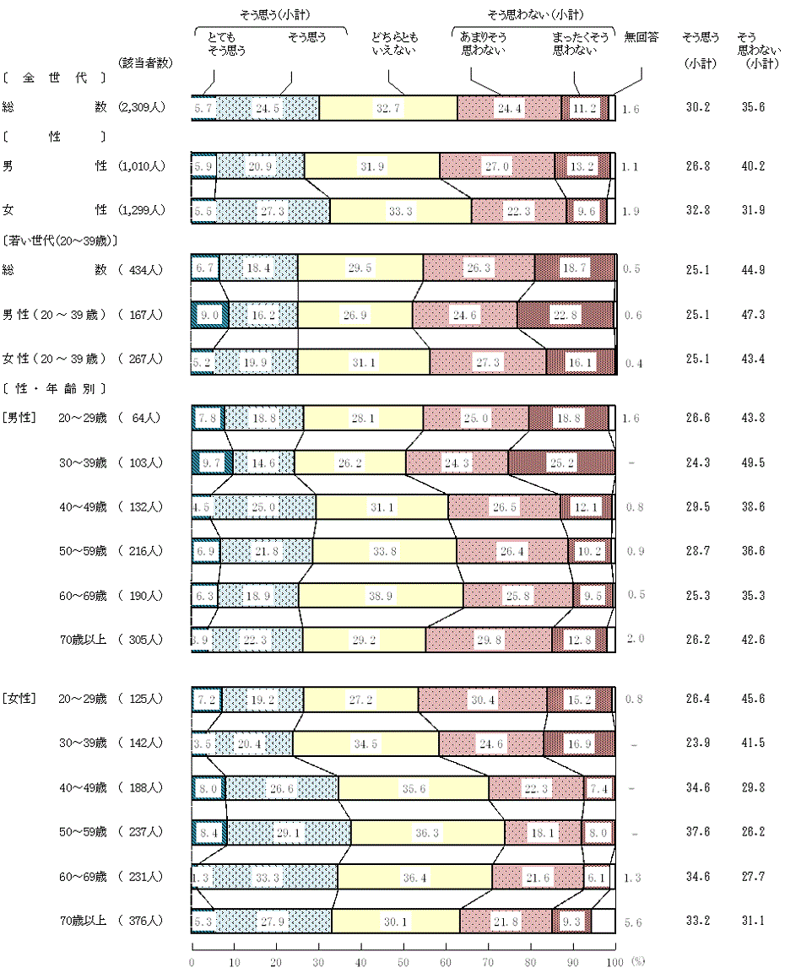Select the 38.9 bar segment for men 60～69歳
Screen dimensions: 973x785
[381, 596]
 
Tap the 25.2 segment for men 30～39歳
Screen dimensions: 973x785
[558, 462]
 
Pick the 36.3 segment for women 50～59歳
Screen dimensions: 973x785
[427, 832]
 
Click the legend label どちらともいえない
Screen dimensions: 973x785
[394, 44]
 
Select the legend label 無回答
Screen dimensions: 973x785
[641, 38]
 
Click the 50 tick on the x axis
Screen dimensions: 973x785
[403, 962]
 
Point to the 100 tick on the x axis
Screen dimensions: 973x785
[614, 962]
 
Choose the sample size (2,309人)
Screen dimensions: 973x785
[146, 107]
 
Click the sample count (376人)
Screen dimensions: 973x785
[146, 921]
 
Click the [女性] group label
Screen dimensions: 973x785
[18, 699]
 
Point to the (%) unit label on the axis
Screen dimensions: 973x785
[639, 960]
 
